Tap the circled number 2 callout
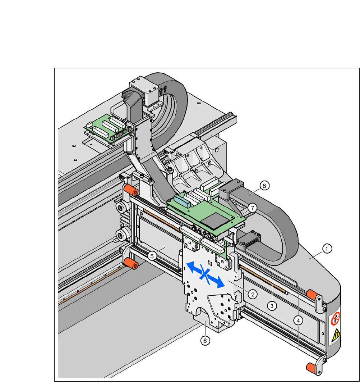pos(253,294)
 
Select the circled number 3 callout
pos(272,306)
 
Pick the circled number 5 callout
pos(152,256)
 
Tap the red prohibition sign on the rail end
pos(334,318)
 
